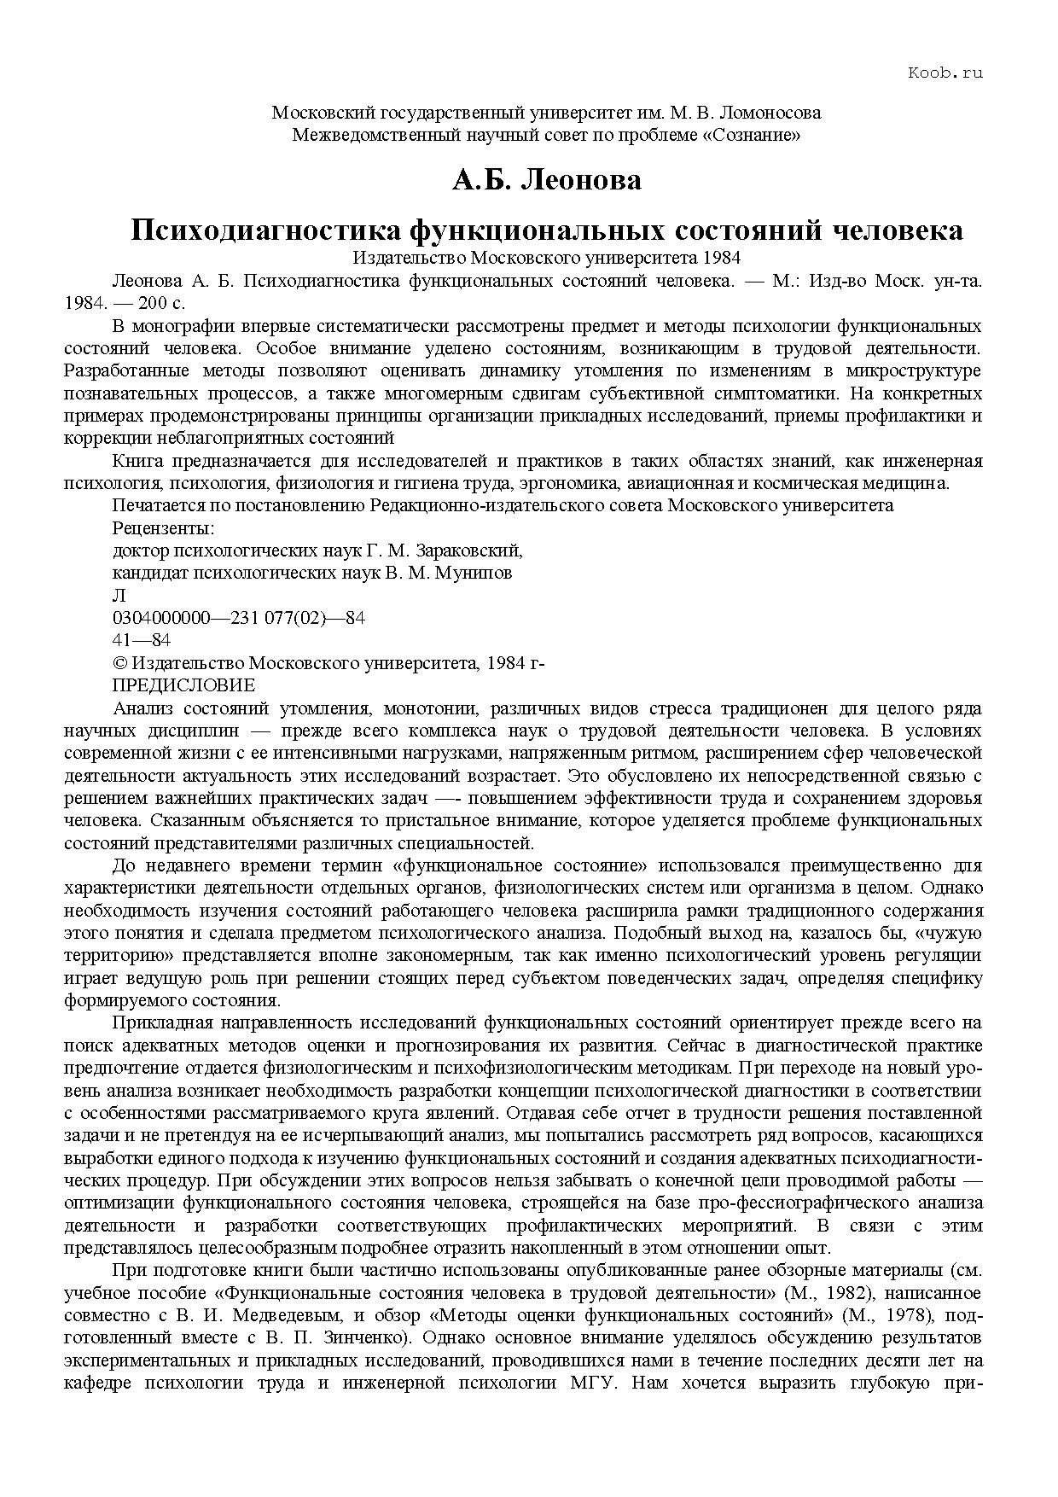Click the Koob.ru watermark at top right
(x=945, y=73)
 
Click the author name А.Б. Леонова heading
(x=546, y=180)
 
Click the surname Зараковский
(x=472, y=550)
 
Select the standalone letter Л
(x=119, y=596)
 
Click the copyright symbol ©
(x=119, y=663)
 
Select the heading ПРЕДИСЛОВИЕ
(x=183, y=685)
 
